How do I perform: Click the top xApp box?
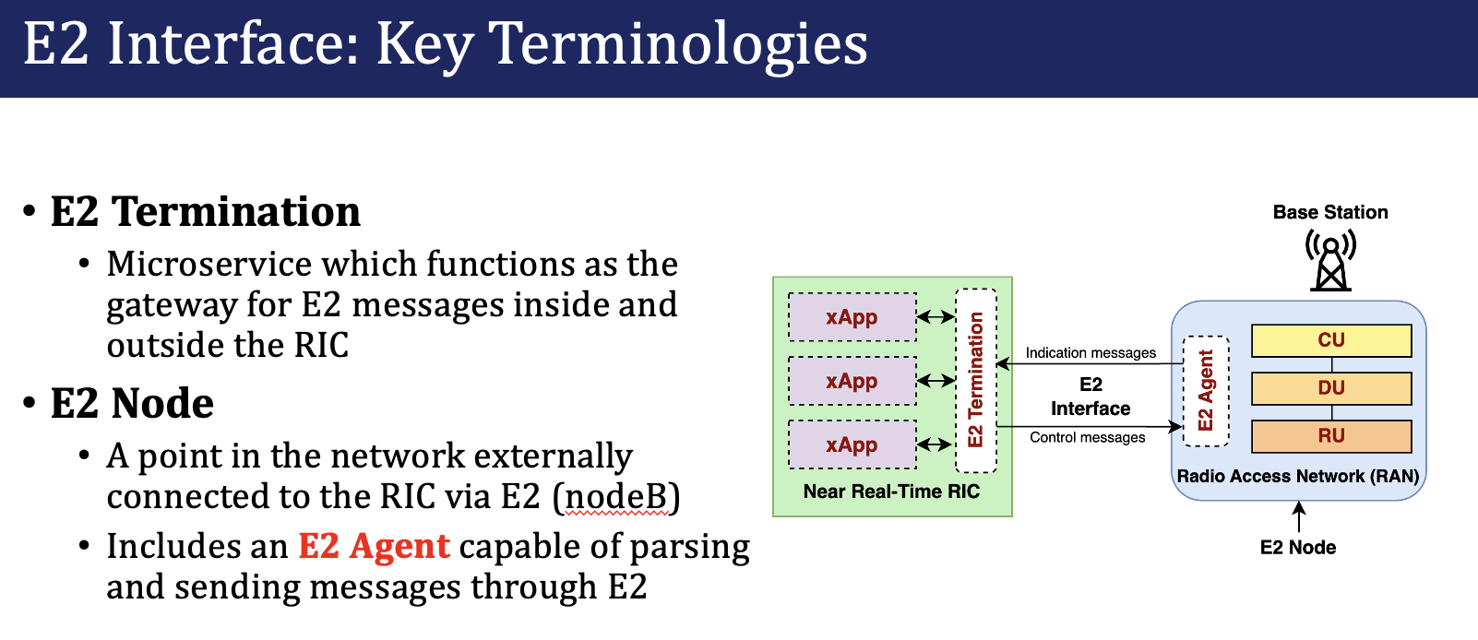pos(852,317)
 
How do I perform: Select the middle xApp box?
pos(852,381)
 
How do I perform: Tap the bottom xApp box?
pos(852,444)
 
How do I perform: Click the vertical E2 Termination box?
pos(976,381)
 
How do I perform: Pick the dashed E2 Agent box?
pos(1206,391)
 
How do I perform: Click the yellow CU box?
pos(1331,340)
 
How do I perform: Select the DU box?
pos(1331,388)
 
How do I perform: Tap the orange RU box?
pos(1331,436)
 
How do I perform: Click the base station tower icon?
pos(1331,261)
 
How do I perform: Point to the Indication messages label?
pos(1091,353)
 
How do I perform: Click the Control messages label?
pos(1088,437)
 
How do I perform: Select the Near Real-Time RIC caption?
pos(891,492)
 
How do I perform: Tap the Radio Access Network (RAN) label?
pos(1298,477)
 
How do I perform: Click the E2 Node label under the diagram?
pos(1298,548)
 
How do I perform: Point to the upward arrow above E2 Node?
pos(1298,516)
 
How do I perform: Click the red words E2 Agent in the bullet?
pos(375,546)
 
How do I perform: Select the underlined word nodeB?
pos(617,496)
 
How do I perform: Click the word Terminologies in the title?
pos(677,45)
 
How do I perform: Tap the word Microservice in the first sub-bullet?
pos(209,264)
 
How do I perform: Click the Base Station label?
pos(1331,212)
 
